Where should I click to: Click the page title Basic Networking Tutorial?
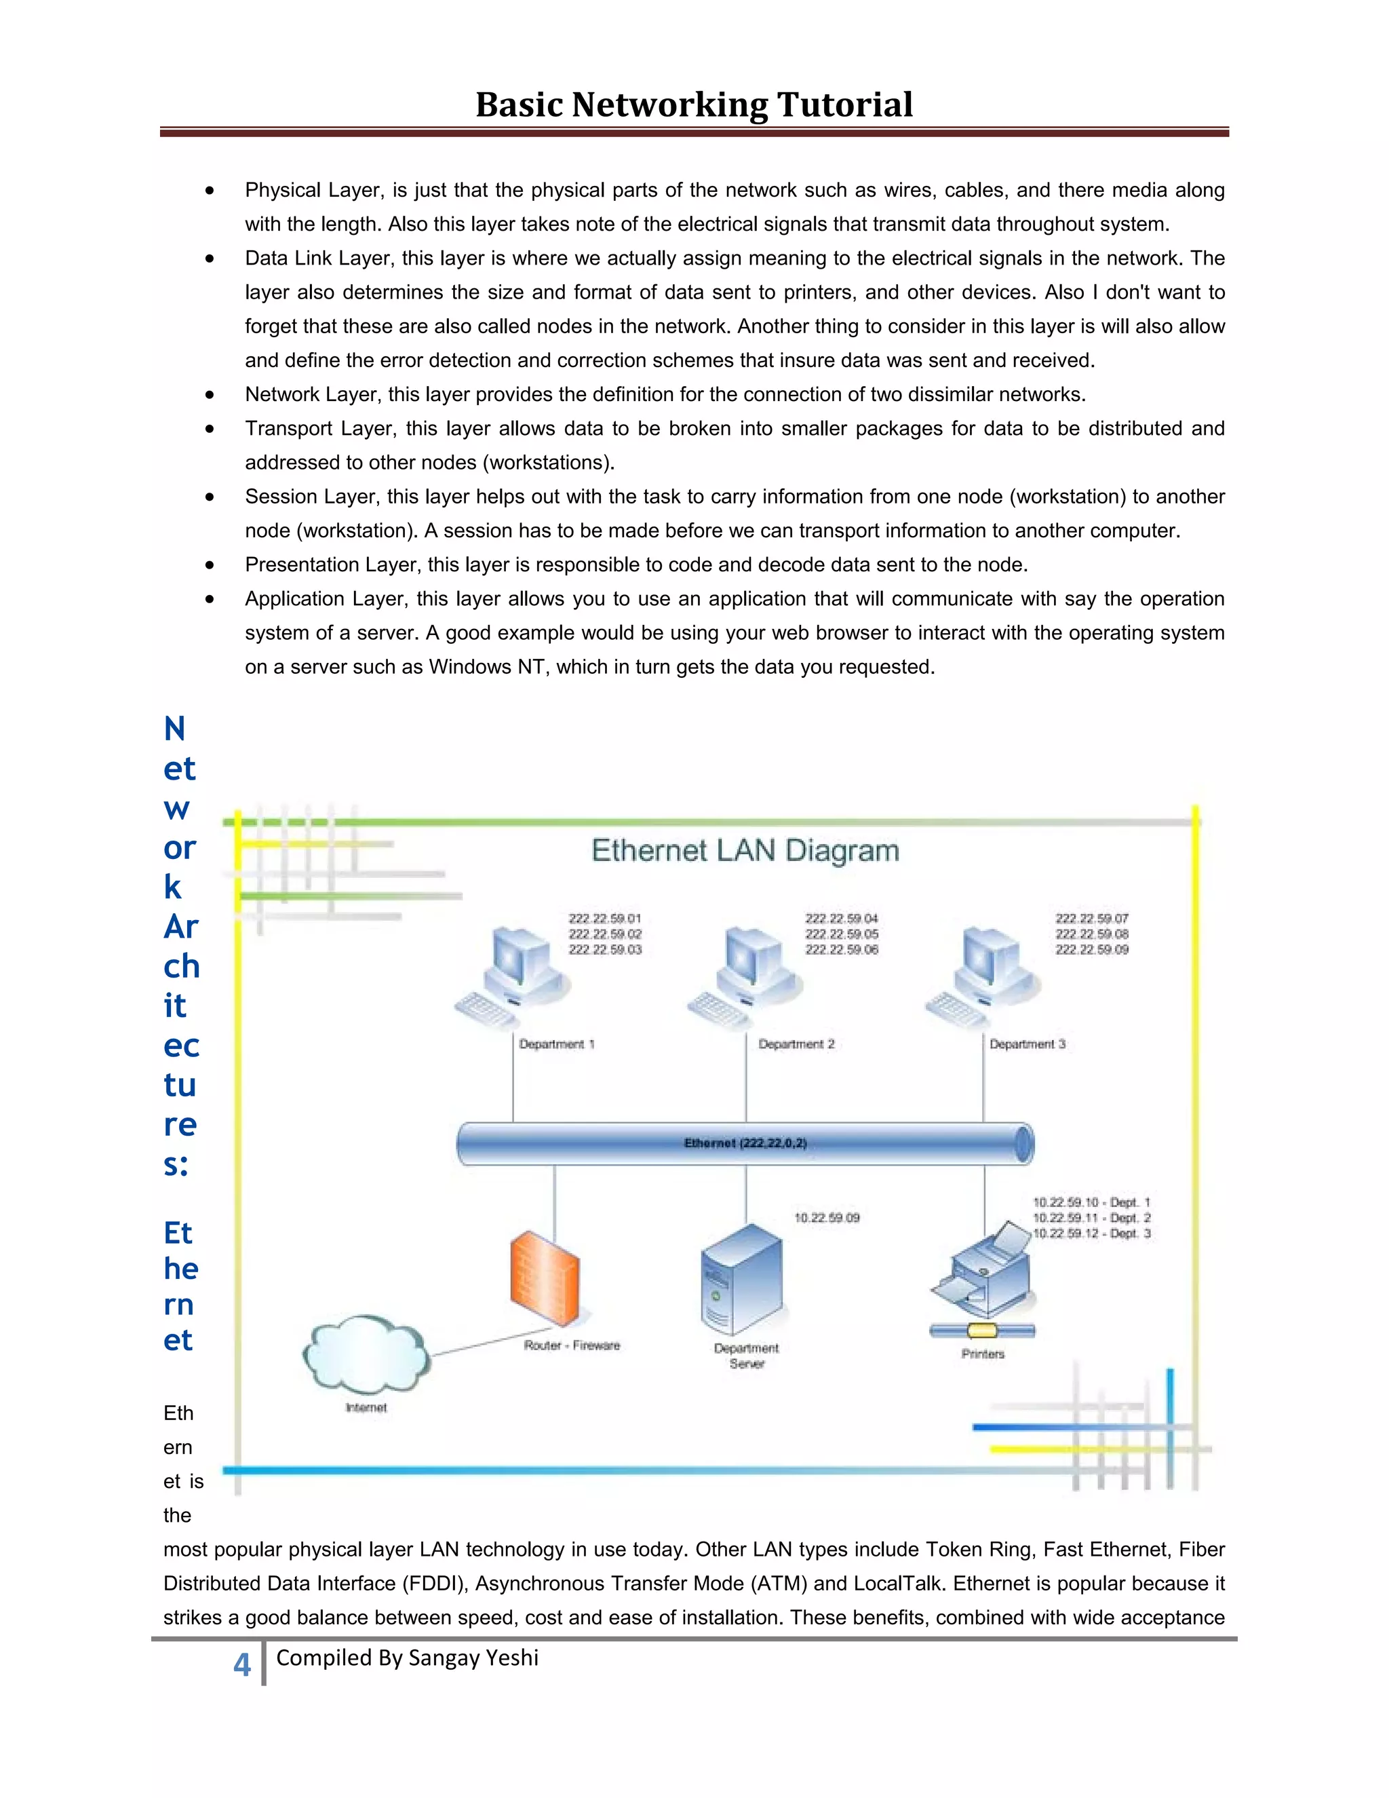click(x=694, y=104)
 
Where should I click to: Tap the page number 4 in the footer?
click(x=241, y=1664)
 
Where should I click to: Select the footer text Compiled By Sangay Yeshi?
click(x=408, y=1658)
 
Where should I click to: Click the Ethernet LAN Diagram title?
click(x=745, y=850)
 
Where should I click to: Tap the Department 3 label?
click(x=1027, y=1044)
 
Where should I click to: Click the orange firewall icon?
click(x=544, y=1278)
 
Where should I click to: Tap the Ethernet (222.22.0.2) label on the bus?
click(x=745, y=1143)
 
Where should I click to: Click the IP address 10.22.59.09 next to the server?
click(x=826, y=1218)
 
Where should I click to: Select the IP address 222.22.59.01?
click(x=605, y=918)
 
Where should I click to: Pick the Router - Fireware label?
click(x=572, y=1345)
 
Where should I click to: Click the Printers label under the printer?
click(x=983, y=1354)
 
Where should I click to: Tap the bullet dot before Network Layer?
click(x=211, y=395)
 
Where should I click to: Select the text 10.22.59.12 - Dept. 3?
click(x=1091, y=1233)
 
